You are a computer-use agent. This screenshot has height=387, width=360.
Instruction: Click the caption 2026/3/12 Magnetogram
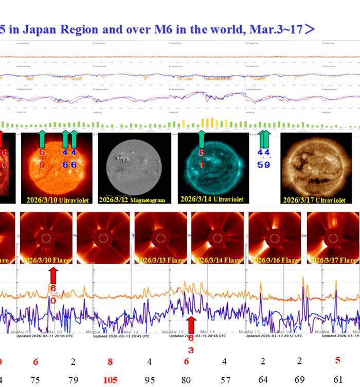click(x=133, y=199)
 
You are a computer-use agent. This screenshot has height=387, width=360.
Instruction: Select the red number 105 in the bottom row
click(x=110, y=380)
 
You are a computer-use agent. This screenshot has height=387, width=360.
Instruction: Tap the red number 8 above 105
click(x=110, y=361)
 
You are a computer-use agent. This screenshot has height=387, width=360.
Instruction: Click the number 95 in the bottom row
click(x=149, y=380)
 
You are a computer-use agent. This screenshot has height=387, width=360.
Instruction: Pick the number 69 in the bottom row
click(x=300, y=379)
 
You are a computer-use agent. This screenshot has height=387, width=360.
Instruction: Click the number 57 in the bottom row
click(x=225, y=380)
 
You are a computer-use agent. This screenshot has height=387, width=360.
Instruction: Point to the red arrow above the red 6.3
click(x=191, y=325)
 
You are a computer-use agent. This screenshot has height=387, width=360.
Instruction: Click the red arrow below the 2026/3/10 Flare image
click(x=53, y=276)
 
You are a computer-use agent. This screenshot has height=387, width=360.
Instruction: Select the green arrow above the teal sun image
click(x=202, y=139)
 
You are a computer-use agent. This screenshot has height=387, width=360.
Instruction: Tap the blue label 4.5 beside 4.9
click(x=260, y=159)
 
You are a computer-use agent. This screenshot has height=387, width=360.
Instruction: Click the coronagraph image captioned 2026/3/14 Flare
click(x=217, y=238)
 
